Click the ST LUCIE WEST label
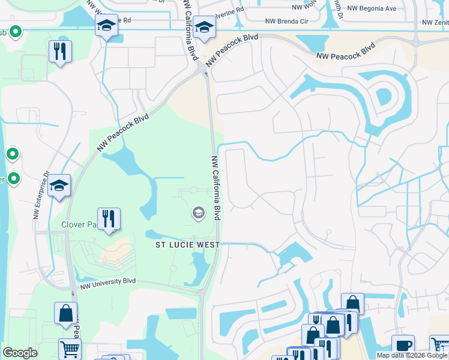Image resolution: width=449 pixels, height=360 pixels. point(187,245)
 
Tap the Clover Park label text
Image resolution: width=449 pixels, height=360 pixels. point(79,225)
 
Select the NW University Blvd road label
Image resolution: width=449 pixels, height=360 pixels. point(107,281)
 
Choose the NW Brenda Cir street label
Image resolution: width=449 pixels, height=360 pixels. point(291,22)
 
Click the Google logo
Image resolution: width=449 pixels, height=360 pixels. point(20,353)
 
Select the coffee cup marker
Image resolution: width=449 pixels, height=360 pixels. point(403,346)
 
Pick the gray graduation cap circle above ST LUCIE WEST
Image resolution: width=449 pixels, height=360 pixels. point(198,213)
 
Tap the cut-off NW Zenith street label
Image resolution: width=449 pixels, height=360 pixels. point(435,22)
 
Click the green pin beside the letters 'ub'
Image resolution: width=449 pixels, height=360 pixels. point(16,31)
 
